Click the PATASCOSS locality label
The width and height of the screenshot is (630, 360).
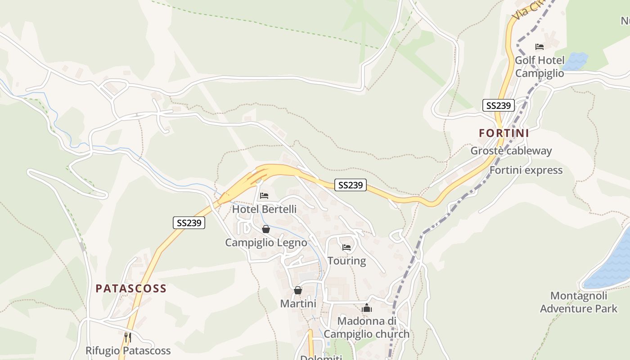[x=131, y=288]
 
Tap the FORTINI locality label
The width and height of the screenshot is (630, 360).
[x=504, y=133]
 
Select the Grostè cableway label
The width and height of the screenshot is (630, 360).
[x=511, y=151]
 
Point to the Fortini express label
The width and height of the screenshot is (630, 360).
[x=526, y=170]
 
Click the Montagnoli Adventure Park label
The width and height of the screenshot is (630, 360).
[x=579, y=302]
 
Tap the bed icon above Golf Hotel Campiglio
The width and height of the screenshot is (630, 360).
[x=540, y=47]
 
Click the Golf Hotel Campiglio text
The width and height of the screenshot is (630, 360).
[x=540, y=67]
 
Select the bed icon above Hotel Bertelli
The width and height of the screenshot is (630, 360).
[x=264, y=196]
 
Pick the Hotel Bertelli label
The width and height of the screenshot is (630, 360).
[x=264, y=209]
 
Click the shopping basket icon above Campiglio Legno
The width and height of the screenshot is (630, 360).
[x=266, y=229]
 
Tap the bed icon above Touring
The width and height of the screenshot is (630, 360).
[x=346, y=247]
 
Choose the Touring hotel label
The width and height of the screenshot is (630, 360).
[x=346, y=261]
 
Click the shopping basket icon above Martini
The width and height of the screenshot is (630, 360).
[x=297, y=291]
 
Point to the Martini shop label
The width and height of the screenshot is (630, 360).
[x=298, y=304]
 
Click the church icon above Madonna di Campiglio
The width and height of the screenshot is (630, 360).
[x=367, y=308]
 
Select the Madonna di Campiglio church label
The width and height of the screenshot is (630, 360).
[x=367, y=328]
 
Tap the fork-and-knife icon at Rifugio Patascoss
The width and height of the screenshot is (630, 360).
[x=128, y=337]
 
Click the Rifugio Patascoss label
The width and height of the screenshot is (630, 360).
[x=128, y=351]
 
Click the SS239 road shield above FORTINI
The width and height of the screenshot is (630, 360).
[x=499, y=106]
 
